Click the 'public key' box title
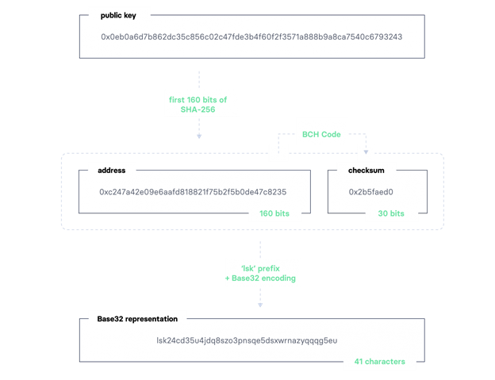(x=118, y=15)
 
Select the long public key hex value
(x=251, y=37)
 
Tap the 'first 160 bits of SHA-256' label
(x=198, y=105)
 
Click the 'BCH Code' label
(x=321, y=134)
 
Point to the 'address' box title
(x=111, y=171)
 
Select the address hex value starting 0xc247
(x=193, y=192)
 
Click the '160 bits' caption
(x=274, y=213)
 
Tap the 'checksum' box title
(x=366, y=171)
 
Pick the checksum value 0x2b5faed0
(x=371, y=192)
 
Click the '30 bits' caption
(x=391, y=213)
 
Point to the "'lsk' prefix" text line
(x=260, y=269)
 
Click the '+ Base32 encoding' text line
(x=260, y=278)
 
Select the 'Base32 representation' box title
(x=137, y=319)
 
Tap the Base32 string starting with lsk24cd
(x=247, y=340)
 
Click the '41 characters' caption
(x=379, y=362)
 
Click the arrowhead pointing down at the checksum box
(x=366, y=152)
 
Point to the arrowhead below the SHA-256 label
(x=199, y=136)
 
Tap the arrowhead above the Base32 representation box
(x=260, y=305)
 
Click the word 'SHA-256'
(x=198, y=109)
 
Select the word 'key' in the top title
(x=130, y=16)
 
